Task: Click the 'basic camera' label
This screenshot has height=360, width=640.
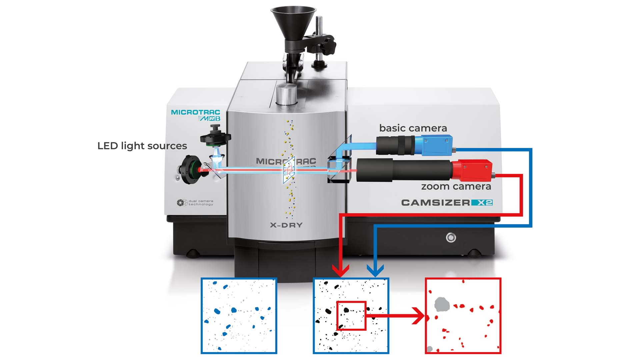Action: point(413,128)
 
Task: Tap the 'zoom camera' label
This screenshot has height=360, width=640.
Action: point(456,187)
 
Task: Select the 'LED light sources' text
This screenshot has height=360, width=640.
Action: point(142,146)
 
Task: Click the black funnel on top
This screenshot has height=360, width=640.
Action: point(293,28)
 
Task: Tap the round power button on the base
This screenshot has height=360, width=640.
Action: point(451,238)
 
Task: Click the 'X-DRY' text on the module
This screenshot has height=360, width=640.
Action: point(286,225)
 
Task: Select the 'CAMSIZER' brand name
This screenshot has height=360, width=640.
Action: point(436,203)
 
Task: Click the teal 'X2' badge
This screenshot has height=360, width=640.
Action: point(482,203)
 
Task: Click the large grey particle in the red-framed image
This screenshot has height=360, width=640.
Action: point(442,305)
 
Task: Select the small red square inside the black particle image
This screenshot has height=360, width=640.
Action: point(351,316)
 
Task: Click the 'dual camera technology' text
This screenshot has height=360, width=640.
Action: point(201,203)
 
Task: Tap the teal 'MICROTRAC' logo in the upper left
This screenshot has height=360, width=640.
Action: point(196,112)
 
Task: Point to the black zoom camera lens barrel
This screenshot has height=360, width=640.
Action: point(404,170)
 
